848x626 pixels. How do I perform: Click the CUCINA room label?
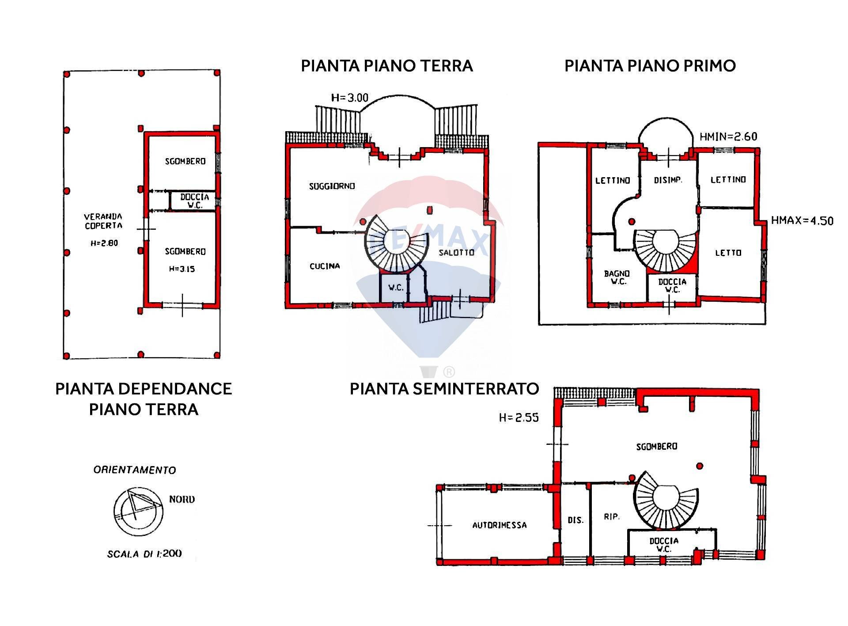325,266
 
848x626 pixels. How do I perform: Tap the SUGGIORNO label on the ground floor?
332,186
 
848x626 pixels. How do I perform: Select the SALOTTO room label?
457,252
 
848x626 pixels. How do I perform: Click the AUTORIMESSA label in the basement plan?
500,525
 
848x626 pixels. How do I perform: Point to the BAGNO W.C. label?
617,277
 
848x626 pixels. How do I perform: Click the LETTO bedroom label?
728,253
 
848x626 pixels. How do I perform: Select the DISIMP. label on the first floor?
668,180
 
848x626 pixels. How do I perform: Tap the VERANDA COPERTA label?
103,221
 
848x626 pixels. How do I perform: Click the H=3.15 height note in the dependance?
182,269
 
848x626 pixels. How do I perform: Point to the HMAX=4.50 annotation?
802,220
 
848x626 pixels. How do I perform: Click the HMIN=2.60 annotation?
728,137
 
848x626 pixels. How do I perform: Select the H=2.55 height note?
519,417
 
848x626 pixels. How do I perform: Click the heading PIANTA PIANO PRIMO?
650,66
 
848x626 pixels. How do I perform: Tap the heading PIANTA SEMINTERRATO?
444,389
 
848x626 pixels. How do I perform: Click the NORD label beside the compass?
182,499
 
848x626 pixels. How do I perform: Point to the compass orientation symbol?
138,511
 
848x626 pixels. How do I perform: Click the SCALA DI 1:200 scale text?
144,554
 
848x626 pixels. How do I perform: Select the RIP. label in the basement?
612,516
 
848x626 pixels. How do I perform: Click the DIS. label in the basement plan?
575,520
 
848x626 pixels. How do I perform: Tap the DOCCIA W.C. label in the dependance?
194,201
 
